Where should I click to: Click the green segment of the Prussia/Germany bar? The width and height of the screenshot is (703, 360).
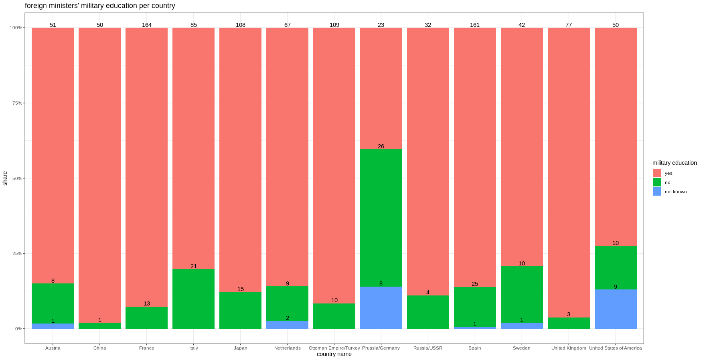(x=381, y=218)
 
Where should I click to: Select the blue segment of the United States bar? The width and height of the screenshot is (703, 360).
(x=616, y=309)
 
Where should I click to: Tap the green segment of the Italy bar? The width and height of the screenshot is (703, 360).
(x=193, y=299)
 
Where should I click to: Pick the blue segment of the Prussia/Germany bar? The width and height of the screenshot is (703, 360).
(x=381, y=307)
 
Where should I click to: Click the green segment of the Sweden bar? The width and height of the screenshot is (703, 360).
(x=522, y=295)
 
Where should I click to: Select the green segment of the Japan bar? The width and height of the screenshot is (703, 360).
(x=240, y=310)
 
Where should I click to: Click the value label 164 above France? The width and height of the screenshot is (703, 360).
(x=147, y=25)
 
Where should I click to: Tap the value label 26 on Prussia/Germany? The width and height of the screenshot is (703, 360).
(x=381, y=146)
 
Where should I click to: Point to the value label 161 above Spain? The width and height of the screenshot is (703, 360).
(x=475, y=25)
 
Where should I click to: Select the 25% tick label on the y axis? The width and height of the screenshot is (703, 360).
(x=16, y=253)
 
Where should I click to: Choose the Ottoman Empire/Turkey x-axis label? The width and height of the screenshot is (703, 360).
(x=334, y=348)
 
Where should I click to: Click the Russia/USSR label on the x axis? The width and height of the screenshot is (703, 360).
(x=428, y=348)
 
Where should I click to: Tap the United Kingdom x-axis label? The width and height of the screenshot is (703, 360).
(x=569, y=348)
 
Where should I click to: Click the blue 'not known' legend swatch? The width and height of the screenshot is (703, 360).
(x=657, y=192)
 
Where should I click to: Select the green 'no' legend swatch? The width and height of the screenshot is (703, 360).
(x=657, y=182)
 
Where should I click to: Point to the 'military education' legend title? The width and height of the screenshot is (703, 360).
(x=675, y=163)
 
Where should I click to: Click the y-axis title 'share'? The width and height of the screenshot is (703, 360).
(x=5, y=178)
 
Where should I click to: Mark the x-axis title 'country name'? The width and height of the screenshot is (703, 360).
(x=334, y=354)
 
